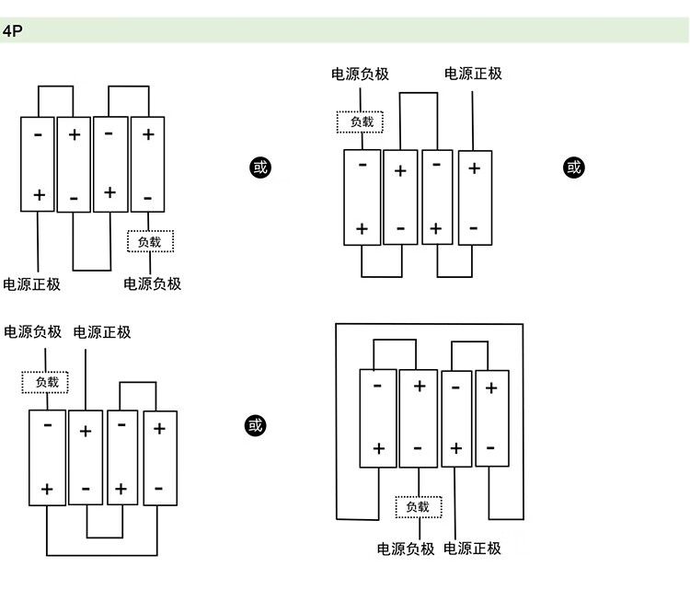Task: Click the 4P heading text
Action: (x=12, y=30)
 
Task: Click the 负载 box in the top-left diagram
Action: (x=150, y=242)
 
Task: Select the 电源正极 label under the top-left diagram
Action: (x=32, y=284)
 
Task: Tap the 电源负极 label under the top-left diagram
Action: (x=153, y=284)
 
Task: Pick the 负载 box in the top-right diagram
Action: (x=361, y=121)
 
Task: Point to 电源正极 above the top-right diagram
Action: (x=473, y=74)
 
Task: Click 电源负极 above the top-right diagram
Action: (x=361, y=74)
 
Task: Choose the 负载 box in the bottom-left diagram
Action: (x=46, y=382)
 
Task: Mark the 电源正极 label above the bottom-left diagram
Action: (x=102, y=332)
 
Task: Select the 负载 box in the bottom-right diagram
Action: (x=418, y=506)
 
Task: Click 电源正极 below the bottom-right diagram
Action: (x=473, y=549)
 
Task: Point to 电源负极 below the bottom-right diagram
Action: (x=406, y=549)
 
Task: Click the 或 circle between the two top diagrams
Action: (x=260, y=168)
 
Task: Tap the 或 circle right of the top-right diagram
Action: (x=574, y=168)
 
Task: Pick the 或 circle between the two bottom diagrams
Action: (x=255, y=425)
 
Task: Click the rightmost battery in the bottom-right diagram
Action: (x=491, y=420)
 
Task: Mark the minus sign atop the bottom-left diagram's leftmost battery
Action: (x=47, y=425)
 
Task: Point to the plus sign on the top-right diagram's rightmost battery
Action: (x=475, y=168)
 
